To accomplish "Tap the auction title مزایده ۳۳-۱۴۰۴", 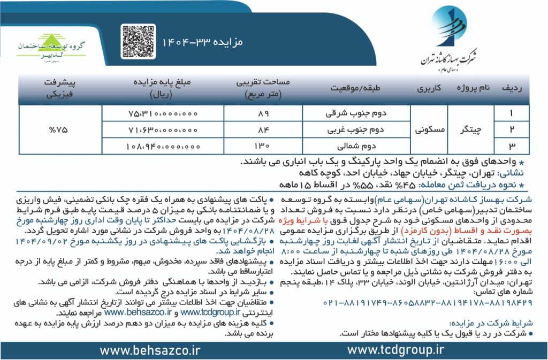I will point(203,42).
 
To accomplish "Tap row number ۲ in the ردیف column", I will point(512,129).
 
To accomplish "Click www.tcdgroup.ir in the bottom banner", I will point(396,350).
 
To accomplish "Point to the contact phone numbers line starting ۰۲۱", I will point(428,302).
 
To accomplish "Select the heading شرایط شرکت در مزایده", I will point(498,323).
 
